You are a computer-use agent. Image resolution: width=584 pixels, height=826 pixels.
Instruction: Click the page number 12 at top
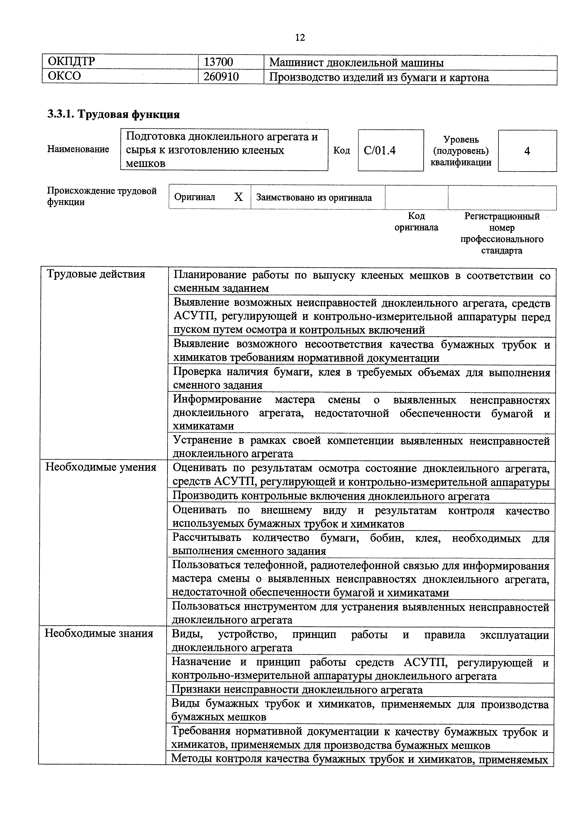(x=300, y=37)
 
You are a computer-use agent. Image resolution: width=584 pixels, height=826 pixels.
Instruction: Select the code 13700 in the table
(x=218, y=63)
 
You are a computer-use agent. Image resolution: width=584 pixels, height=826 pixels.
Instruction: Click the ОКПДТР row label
(x=72, y=62)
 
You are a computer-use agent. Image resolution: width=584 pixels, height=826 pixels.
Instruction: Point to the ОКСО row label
(x=64, y=76)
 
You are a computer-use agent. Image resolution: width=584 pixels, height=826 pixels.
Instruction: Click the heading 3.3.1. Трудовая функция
(x=113, y=114)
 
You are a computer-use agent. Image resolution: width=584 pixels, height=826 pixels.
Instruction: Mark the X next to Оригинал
(x=238, y=197)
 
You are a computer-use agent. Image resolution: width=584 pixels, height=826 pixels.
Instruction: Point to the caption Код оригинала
(x=416, y=222)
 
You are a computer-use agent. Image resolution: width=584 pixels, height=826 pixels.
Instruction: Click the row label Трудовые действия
(x=96, y=274)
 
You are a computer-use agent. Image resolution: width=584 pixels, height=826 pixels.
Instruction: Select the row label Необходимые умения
(x=101, y=467)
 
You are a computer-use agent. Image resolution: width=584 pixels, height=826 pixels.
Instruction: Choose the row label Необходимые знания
(x=99, y=633)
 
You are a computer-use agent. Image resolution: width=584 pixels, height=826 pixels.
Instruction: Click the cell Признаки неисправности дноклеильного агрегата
(x=297, y=690)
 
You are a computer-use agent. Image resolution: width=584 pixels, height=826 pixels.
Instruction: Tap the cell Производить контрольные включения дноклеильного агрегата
(x=331, y=496)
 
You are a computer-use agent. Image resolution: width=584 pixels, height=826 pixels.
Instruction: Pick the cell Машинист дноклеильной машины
(x=356, y=63)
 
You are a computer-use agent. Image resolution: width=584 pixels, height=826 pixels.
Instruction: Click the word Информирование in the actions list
(x=217, y=400)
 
